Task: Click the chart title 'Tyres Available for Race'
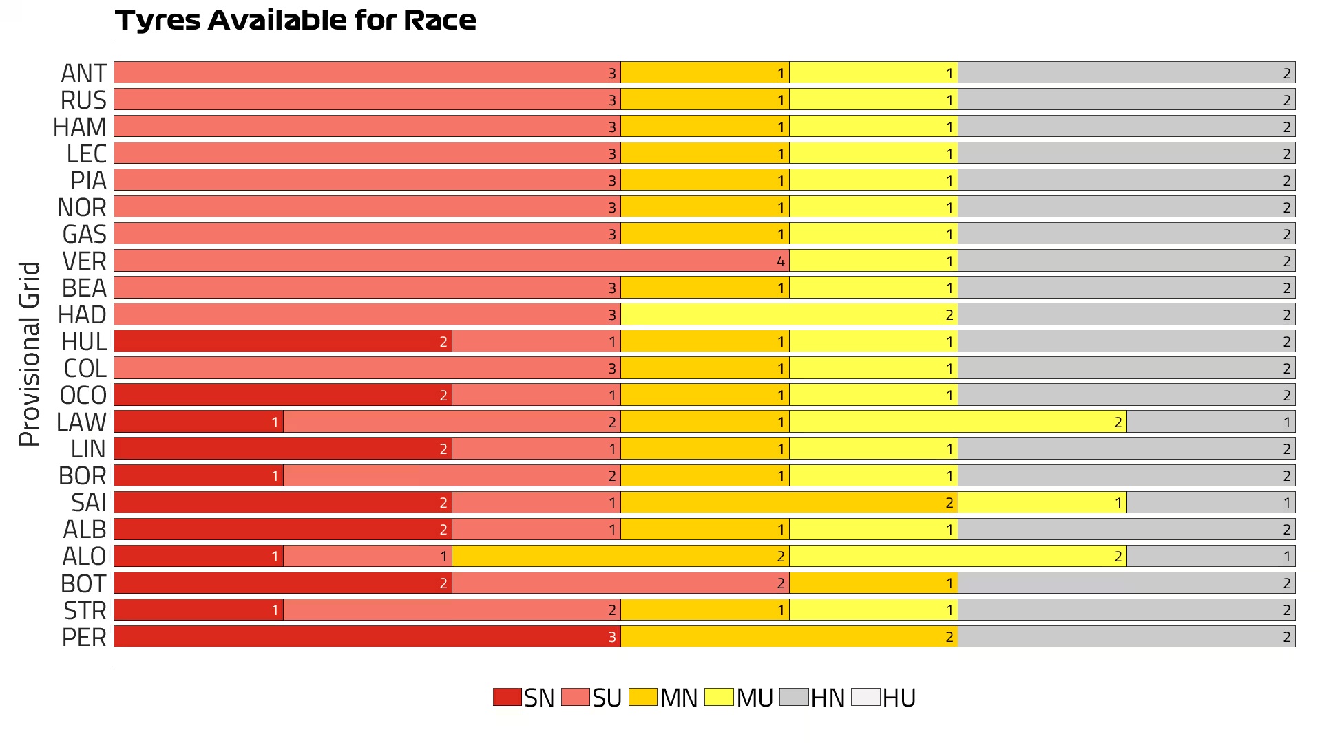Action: click(x=295, y=21)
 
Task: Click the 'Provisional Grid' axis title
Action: click(x=29, y=354)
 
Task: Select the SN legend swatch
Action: click(x=507, y=697)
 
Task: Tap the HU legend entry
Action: click(x=883, y=698)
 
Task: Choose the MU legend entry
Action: click(x=739, y=698)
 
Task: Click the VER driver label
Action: click(x=84, y=261)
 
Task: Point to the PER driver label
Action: click(x=84, y=638)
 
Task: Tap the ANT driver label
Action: click(x=84, y=73)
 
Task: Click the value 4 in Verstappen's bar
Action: click(x=780, y=261)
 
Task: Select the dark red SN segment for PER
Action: click(x=367, y=636)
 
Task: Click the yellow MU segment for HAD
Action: click(x=789, y=314)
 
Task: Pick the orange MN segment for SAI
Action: click(x=789, y=502)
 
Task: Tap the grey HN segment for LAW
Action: click(x=1210, y=422)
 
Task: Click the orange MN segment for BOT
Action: click(x=873, y=583)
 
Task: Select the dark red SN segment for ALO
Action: click(x=198, y=556)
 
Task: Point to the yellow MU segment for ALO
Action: click(x=958, y=556)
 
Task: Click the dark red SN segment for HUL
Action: click(x=283, y=341)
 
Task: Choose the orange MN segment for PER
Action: click(x=789, y=636)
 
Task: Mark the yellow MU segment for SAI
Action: click(x=1042, y=502)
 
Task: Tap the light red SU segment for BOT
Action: click(x=620, y=583)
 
